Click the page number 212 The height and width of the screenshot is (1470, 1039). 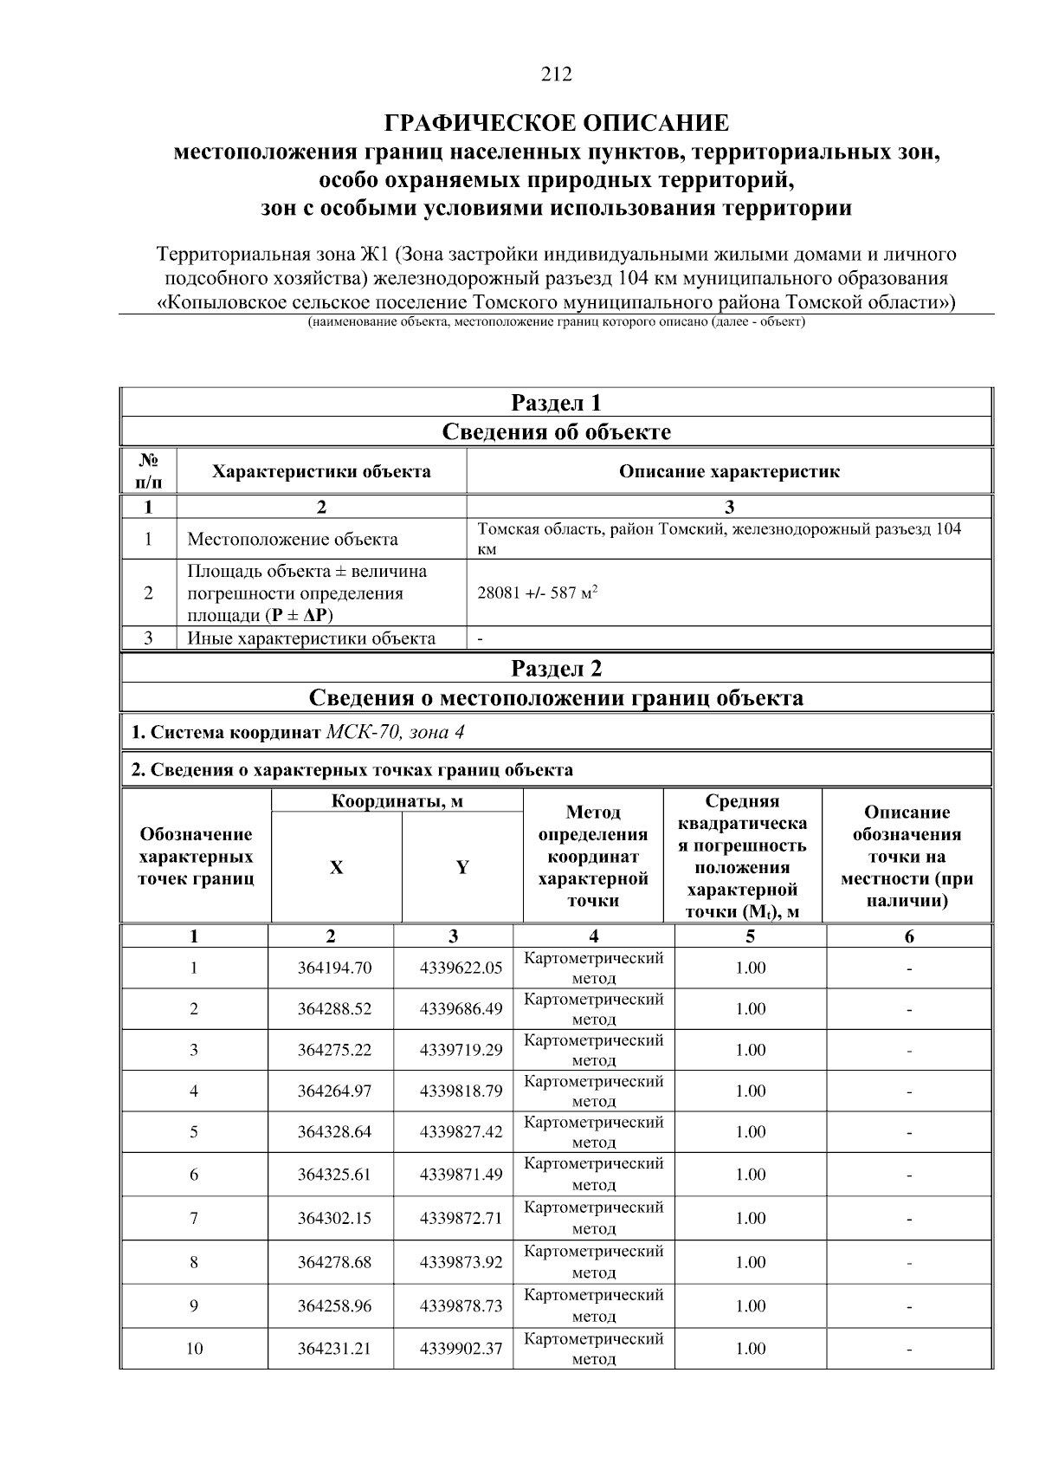tap(557, 74)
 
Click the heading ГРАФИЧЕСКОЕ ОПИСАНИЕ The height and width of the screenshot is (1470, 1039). tap(557, 122)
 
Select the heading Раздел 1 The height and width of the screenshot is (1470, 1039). tap(556, 403)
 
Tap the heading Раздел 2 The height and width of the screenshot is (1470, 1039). tap(556, 668)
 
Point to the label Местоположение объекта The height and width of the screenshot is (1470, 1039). tap(293, 539)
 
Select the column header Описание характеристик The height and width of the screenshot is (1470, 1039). tap(728, 472)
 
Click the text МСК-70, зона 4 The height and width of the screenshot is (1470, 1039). tap(395, 732)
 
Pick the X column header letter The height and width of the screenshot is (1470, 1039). tap(336, 868)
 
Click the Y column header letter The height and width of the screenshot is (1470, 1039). tap(462, 868)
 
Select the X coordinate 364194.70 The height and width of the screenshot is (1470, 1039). tap(334, 968)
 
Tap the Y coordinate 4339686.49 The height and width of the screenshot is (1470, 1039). tap(461, 1008)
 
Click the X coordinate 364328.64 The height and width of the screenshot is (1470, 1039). tap(334, 1132)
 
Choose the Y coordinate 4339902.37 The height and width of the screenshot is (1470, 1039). tap(461, 1349)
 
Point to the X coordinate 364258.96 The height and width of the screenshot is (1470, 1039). tap(334, 1305)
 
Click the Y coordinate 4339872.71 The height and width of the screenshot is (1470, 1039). tap(461, 1218)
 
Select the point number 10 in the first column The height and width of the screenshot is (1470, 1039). tap(195, 1349)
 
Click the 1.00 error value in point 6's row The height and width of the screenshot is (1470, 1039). tap(750, 1175)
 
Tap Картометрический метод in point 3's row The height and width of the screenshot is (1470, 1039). tap(594, 1049)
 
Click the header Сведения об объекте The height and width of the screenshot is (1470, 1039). tap(556, 431)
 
